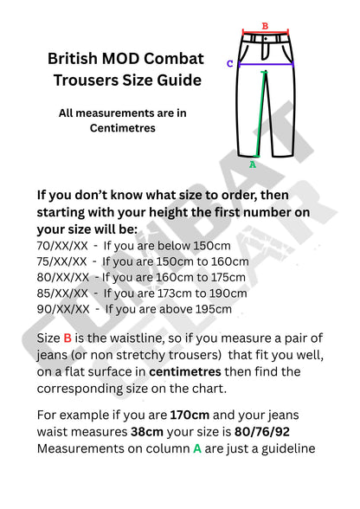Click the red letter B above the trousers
(x=265, y=26)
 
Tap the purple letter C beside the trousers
(x=230, y=63)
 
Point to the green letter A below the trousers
(x=253, y=163)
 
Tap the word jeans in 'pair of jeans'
(x=54, y=355)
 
